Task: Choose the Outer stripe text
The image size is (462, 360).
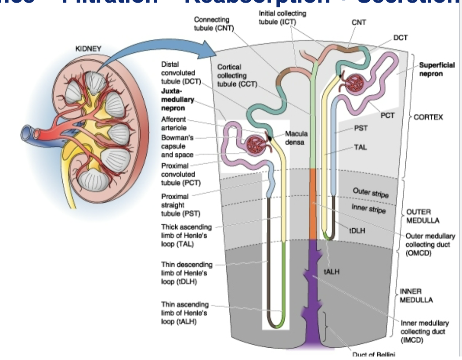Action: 371,192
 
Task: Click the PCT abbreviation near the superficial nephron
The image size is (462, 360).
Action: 387,115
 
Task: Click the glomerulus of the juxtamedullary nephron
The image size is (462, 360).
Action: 256,144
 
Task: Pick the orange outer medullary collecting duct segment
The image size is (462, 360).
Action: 313,204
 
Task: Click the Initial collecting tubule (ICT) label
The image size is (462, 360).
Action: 282,17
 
